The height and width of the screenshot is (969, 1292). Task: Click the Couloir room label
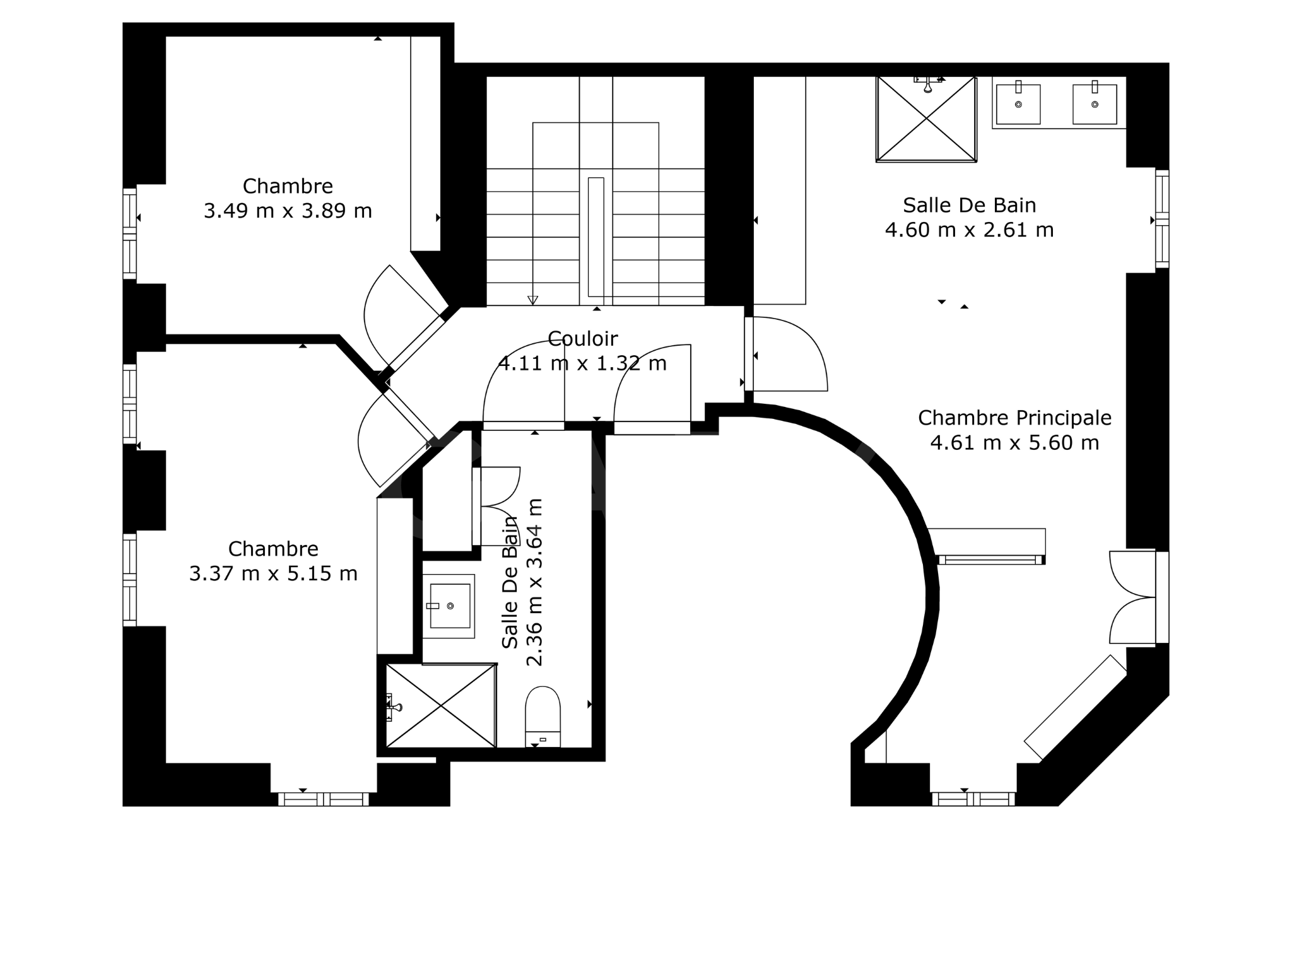(x=582, y=339)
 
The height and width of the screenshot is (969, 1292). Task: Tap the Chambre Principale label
(x=1014, y=418)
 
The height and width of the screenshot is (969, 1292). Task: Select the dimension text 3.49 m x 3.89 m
(x=288, y=211)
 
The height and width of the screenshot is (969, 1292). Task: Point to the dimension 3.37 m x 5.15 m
(x=273, y=573)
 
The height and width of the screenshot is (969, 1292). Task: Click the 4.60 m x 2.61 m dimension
(x=969, y=230)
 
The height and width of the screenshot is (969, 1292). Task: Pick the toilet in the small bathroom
(x=543, y=717)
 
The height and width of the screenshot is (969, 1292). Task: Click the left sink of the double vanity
(x=1018, y=103)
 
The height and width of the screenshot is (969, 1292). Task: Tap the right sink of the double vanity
(x=1095, y=103)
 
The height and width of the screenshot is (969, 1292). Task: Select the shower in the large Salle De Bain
(x=926, y=119)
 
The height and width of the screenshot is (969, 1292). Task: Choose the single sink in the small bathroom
(x=449, y=606)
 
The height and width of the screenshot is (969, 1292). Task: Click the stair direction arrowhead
(x=532, y=300)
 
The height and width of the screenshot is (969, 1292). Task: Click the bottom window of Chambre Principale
(x=973, y=799)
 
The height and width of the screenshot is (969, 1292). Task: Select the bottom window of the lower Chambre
(x=324, y=799)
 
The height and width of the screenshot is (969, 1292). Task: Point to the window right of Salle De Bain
(x=1162, y=219)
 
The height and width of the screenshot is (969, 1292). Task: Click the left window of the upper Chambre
(x=129, y=233)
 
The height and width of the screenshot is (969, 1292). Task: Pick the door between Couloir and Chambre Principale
(x=786, y=354)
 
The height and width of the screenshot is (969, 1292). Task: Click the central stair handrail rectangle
(x=596, y=237)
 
